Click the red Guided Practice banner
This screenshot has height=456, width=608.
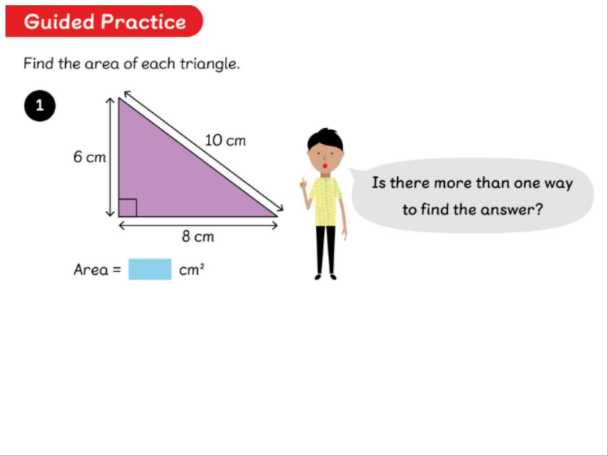(104, 21)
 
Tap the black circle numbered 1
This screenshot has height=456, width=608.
(40, 106)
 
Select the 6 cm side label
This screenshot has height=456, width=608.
(89, 157)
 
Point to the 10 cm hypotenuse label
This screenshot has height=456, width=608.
(225, 140)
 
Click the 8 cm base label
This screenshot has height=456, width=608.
(198, 236)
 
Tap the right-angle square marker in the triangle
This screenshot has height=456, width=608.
(128, 207)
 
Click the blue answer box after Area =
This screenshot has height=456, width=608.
(150, 269)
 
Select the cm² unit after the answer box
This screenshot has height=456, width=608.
(192, 270)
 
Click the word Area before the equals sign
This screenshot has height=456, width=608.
(91, 270)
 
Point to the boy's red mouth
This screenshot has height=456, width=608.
(325, 166)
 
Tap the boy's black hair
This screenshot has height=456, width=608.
(326, 139)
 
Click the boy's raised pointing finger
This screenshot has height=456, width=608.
(303, 182)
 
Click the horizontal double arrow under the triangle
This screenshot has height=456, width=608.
(198, 225)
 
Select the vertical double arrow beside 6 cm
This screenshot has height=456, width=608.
(110, 157)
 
